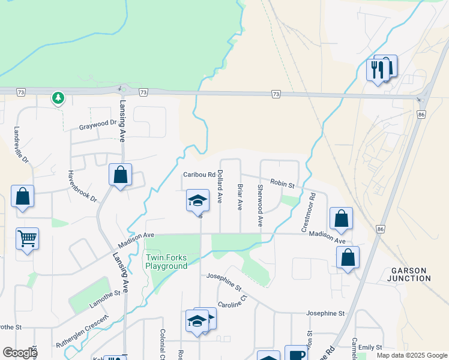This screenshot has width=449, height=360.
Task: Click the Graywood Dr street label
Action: [x=98, y=126]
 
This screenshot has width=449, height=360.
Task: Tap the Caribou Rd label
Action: [x=199, y=175]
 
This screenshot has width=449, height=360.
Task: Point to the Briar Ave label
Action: [x=240, y=197]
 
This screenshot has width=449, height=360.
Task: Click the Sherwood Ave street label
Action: [x=260, y=205]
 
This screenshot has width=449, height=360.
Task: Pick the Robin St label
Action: [x=282, y=184]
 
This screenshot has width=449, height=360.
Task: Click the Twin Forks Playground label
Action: [x=166, y=262]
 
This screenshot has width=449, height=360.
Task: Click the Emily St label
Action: [x=371, y=347]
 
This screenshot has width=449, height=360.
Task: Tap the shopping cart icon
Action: [x=27, y=239]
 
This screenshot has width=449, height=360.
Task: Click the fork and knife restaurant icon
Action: [x=377, y=70]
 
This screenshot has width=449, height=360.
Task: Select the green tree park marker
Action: [x=58, y=98]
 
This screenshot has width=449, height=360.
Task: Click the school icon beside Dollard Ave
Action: [x=197, y=200]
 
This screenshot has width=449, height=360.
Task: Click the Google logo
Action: [x=20, y=353]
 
